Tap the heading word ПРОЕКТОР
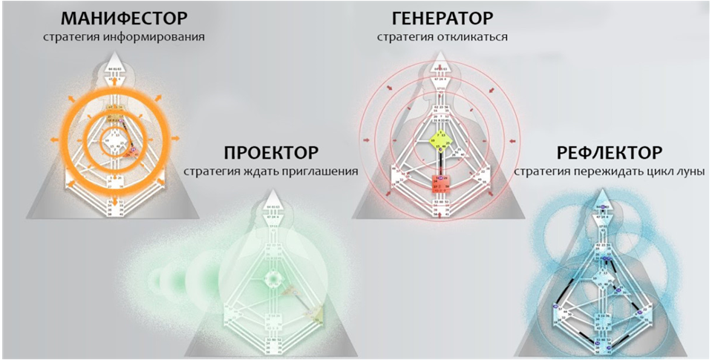pyautogui.click(x=272, y=154)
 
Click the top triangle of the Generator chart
pyautogui.click(x=441, y=71)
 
